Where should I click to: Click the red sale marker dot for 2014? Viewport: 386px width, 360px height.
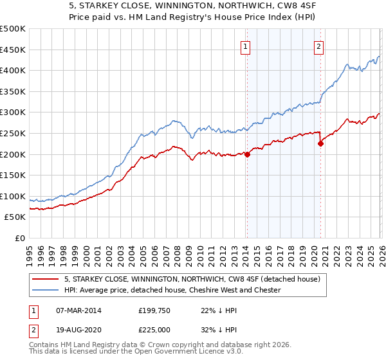coord(247,154)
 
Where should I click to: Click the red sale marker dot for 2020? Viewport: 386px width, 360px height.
coord(320,143)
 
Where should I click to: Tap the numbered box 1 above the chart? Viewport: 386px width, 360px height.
coord(246,46)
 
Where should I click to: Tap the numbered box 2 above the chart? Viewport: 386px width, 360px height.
coord(319,46)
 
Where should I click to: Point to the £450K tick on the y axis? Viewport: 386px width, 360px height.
coord(13,50)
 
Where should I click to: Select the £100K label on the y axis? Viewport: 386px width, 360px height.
coord(13,196)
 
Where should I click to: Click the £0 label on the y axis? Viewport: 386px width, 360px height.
coord(19,238)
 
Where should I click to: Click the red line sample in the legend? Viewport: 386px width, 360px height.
coord(46,280)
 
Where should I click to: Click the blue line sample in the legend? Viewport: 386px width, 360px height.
coord(46,291)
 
